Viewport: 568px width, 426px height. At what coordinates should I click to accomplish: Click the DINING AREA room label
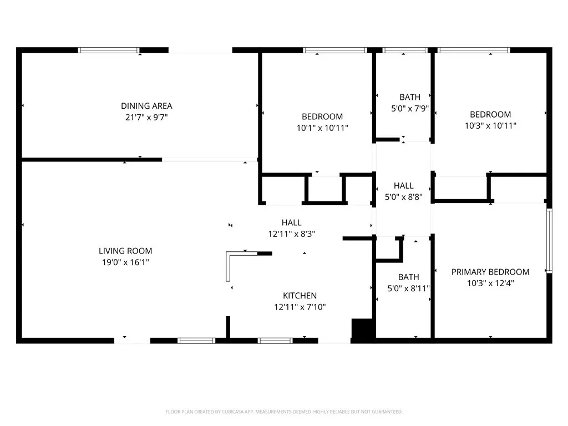146,106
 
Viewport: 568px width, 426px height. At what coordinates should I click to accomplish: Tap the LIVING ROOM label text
125,251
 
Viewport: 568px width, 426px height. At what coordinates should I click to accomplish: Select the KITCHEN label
300,296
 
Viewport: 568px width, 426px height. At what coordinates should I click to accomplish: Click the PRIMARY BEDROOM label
490,272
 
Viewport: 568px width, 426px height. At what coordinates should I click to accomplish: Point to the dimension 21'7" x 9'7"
146,117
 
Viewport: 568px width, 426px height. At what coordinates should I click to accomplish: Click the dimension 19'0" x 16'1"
125,262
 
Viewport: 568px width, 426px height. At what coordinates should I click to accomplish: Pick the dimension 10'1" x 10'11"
322,128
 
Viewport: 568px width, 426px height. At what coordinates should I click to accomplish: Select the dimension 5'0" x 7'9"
409,108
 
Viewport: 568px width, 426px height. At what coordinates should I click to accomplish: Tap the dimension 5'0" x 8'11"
408,288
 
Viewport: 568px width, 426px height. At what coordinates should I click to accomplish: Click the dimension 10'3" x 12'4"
490,283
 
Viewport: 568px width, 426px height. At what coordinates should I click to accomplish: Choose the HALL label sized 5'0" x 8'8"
403,186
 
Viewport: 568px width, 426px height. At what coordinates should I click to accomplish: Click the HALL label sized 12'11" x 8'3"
291,222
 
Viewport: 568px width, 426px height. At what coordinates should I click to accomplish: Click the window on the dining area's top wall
109,50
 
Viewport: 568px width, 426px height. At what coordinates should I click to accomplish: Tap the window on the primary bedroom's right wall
549,240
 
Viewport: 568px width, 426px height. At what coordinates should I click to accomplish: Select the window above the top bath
405,50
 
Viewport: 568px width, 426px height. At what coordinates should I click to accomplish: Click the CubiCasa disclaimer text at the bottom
283,412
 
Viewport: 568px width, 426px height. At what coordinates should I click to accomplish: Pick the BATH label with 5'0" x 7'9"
409,97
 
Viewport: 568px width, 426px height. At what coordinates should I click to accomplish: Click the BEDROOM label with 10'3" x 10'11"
490,114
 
